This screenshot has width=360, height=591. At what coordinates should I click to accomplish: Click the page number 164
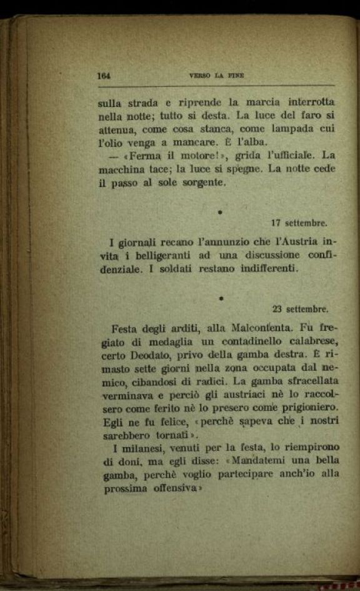point(104,76)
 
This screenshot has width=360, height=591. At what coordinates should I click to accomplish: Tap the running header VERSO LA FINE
point(216,76)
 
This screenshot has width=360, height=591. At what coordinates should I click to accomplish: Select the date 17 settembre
point(300,223)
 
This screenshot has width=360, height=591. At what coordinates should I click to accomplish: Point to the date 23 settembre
point(301,308)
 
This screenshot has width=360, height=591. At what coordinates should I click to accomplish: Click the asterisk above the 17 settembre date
point(220,213)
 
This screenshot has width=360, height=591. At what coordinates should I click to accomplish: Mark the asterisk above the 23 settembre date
point(221,299)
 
